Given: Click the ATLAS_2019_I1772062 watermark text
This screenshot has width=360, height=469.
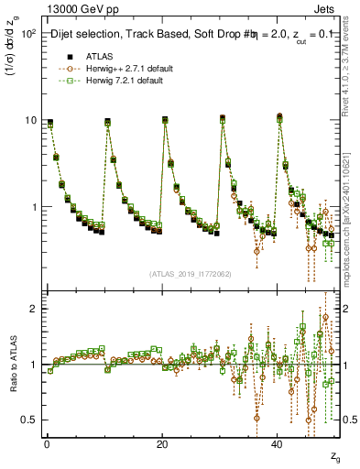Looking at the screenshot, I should [x=190, y=274].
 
